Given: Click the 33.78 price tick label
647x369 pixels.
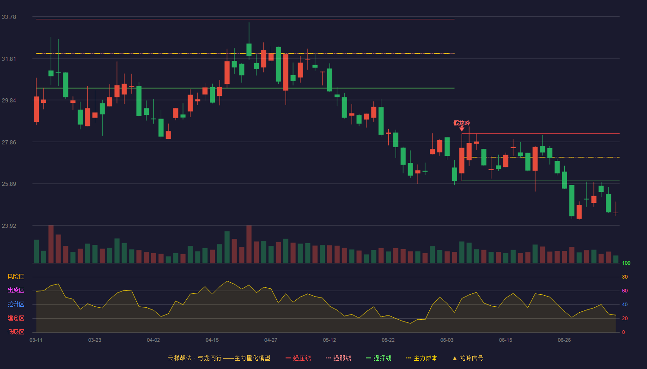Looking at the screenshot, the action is [9, 17].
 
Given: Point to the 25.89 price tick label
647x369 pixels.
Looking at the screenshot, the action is [9, 184].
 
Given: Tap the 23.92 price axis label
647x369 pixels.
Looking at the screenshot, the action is [9, 226].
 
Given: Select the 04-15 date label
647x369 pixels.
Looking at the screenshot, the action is [212, 340].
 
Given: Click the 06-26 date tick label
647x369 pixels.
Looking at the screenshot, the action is [564, 340].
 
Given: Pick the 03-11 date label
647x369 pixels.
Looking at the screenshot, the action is [36, 340].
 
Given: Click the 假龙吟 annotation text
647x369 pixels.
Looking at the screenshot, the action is [462, 123].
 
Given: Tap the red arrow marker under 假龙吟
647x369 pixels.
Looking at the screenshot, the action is [462, 129].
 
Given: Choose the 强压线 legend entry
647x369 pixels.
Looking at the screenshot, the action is [298, 358].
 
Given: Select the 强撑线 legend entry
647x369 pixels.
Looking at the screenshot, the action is [378, 358].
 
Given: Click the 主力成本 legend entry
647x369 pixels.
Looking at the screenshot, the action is [421, 358].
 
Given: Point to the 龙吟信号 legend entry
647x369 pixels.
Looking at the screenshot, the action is [468, 358].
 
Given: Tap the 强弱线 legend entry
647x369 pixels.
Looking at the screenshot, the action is [338, 358].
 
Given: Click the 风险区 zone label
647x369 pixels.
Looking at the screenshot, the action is [16, 277].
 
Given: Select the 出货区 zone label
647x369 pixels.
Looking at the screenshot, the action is [16, 290].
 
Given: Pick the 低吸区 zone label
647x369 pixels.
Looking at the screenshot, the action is [16, 332].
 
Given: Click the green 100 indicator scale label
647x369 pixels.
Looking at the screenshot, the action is [626, 263].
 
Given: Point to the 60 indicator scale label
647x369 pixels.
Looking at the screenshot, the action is [625, 291].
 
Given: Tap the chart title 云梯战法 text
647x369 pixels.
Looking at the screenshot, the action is [179, 358].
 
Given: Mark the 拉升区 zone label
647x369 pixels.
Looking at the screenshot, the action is [16, 304].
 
